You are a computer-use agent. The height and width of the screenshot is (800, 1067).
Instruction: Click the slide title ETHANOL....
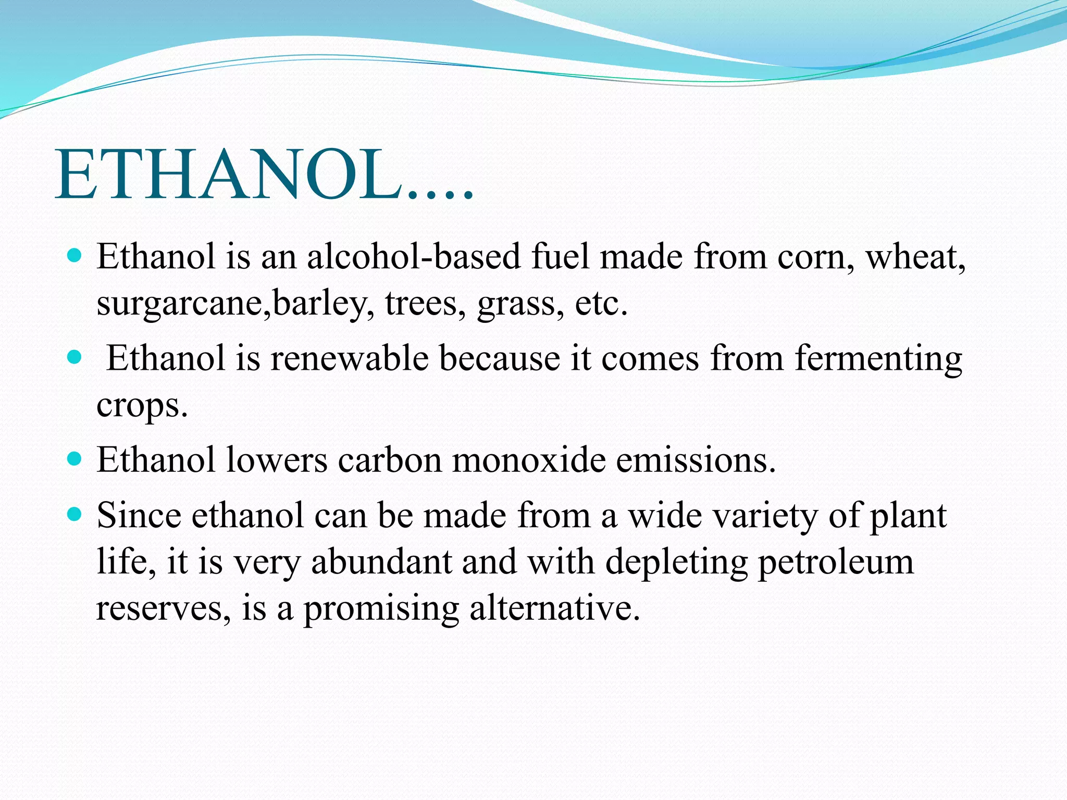[x=263, y=174]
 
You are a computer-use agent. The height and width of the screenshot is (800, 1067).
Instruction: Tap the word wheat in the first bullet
[x=915, y=257]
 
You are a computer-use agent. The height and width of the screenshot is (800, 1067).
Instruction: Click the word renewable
[x=349, y=358]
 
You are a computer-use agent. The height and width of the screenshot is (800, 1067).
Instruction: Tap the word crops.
[x=141, y=406]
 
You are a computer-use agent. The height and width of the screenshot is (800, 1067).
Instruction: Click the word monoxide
[x=529, y=460]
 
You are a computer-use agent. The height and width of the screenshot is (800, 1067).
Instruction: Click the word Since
[x=139, y=516]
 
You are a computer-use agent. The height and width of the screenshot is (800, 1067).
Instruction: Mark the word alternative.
[x=554, y=608]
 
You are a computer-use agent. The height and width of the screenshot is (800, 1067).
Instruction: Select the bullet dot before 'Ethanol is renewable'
[x=75, y=358]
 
